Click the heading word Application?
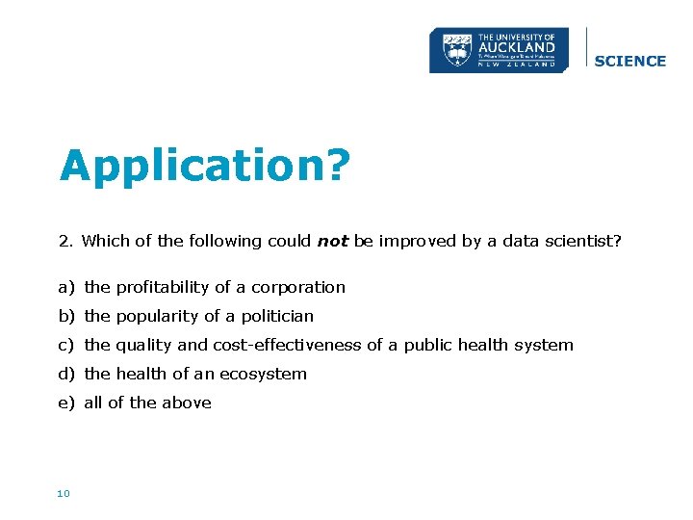click(x=203, y=167)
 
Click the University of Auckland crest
click(x=456, y=49)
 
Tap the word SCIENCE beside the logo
click(x=630, y=61)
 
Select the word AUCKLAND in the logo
click(x=516, y=46)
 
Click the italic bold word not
click(x=332, y=242)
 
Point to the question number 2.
click(x=64, y=242)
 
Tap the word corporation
click(x=298, y=287)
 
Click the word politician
click(x=278, y=316)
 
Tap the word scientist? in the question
click(x=585, y=242)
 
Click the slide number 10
click(x=64, y=494)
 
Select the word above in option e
click(x=189, y=403)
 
